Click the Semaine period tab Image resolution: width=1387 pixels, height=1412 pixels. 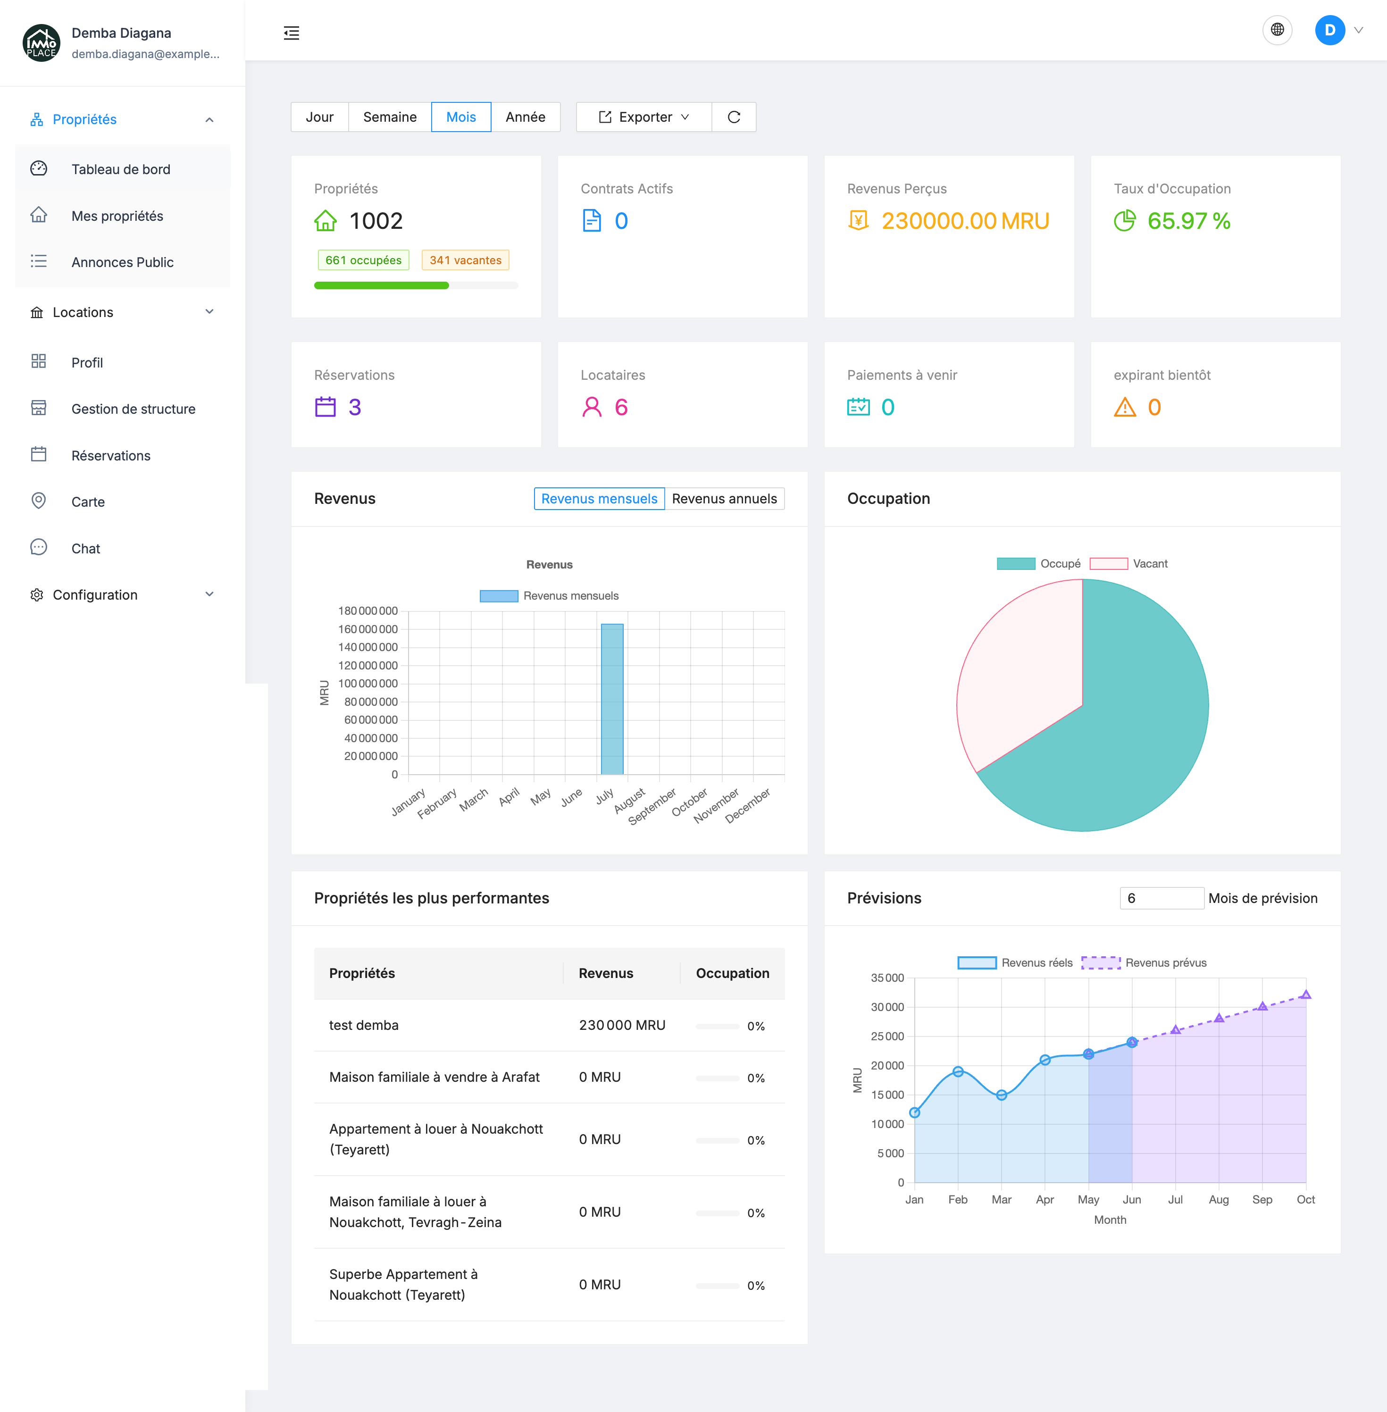click(390, 117)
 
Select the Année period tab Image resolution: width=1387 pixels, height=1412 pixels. click(525, 117)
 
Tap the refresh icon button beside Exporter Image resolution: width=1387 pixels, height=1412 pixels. click(734, 117)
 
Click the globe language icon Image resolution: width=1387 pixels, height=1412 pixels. click(1277, 30)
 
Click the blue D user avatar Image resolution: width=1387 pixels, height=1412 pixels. click(1329, 30)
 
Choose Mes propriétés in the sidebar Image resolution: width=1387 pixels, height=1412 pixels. click(117, 216)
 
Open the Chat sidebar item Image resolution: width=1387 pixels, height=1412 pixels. click(86, 549)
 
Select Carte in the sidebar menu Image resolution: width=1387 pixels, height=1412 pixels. click(88, 502)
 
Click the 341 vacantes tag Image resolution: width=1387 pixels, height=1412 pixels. click(465, 260)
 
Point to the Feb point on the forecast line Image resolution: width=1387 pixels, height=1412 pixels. click(958, 1072)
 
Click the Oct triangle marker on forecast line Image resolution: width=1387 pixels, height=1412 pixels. click(1305, 994)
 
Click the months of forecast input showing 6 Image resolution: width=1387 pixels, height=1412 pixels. click(1161, 898)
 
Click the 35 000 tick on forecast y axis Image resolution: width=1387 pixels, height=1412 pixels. click(887, 978)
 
